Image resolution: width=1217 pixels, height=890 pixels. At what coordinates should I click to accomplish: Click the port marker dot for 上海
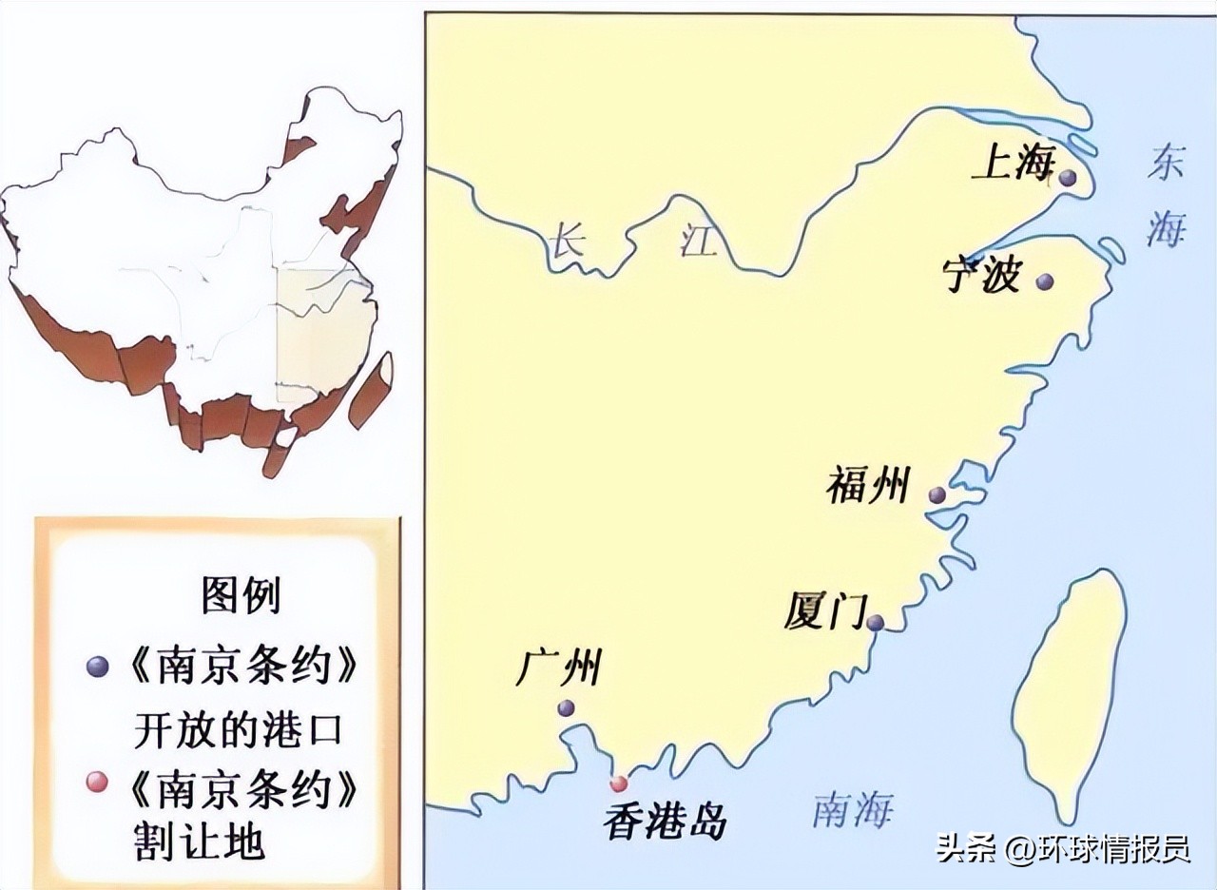pos(1068,178)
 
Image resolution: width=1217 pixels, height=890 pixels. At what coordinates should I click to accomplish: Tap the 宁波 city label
pos(981,276)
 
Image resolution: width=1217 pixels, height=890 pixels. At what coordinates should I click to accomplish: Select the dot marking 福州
pos(937,494)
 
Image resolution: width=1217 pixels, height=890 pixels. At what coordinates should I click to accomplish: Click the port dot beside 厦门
pos(876,623)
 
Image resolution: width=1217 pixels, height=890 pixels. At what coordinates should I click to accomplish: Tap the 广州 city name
pos(558,667)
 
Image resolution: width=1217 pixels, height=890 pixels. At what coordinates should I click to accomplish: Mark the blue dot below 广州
pos(566,707)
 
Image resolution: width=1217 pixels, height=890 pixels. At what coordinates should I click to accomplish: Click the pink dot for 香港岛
pos(619,784)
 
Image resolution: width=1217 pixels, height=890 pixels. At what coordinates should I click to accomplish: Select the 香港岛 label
pos(665,820)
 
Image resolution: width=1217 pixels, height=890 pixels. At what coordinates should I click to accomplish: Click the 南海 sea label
pos(852,810)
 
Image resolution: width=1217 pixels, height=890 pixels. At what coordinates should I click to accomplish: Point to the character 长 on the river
pos(566,242)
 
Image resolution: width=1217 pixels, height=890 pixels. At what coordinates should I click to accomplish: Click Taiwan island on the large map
pos(1065,685)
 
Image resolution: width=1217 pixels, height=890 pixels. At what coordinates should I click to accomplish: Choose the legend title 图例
pos(241,596)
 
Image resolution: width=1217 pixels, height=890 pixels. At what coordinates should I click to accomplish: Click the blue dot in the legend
pos(95,667)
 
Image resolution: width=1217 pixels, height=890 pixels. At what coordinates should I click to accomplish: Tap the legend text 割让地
pos(201,842)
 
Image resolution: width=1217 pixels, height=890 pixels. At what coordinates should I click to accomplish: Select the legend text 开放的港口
pos(238,730)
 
